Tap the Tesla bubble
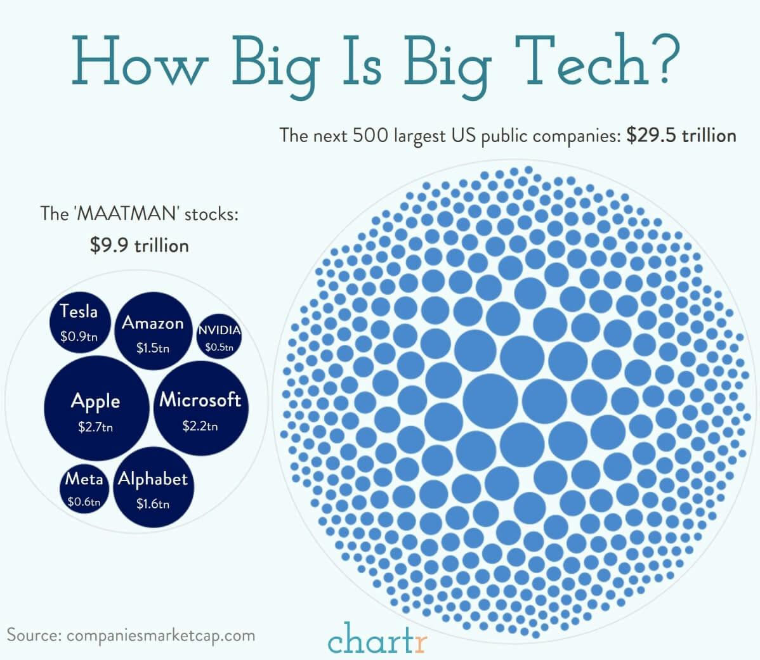pyautogui.click(x=79, y=323)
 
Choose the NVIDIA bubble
pyautogui.click(x=219, y=337)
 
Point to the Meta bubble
pyautogui.click(x=84, y=489)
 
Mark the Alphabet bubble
pyautogui.click(x=153, y=489)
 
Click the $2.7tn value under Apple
pyautogui.click(x=96, y=427)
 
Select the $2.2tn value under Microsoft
pyautogui.click(x=200, y=426)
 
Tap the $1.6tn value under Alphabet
pyautogui.click(x=153, y=504)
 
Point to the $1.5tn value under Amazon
pyautogui.click(x=153, y=348)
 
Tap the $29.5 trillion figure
pyautogui.click(x=681, y=135)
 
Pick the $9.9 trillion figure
pyautogui.click(x=140, y=245)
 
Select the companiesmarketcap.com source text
pyautogui.click(x=160, y=635)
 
